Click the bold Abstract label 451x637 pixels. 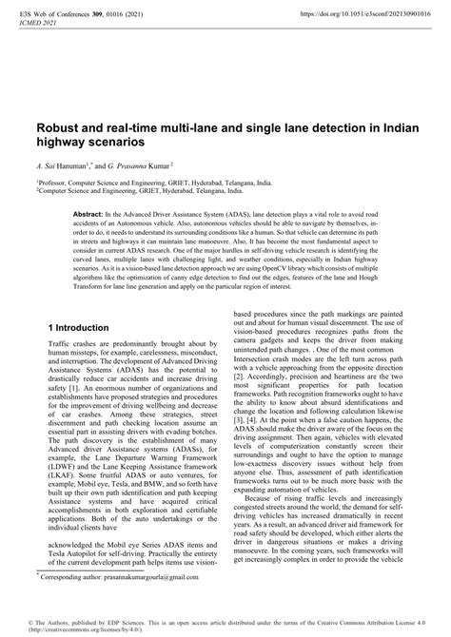[x=88, y=217]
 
